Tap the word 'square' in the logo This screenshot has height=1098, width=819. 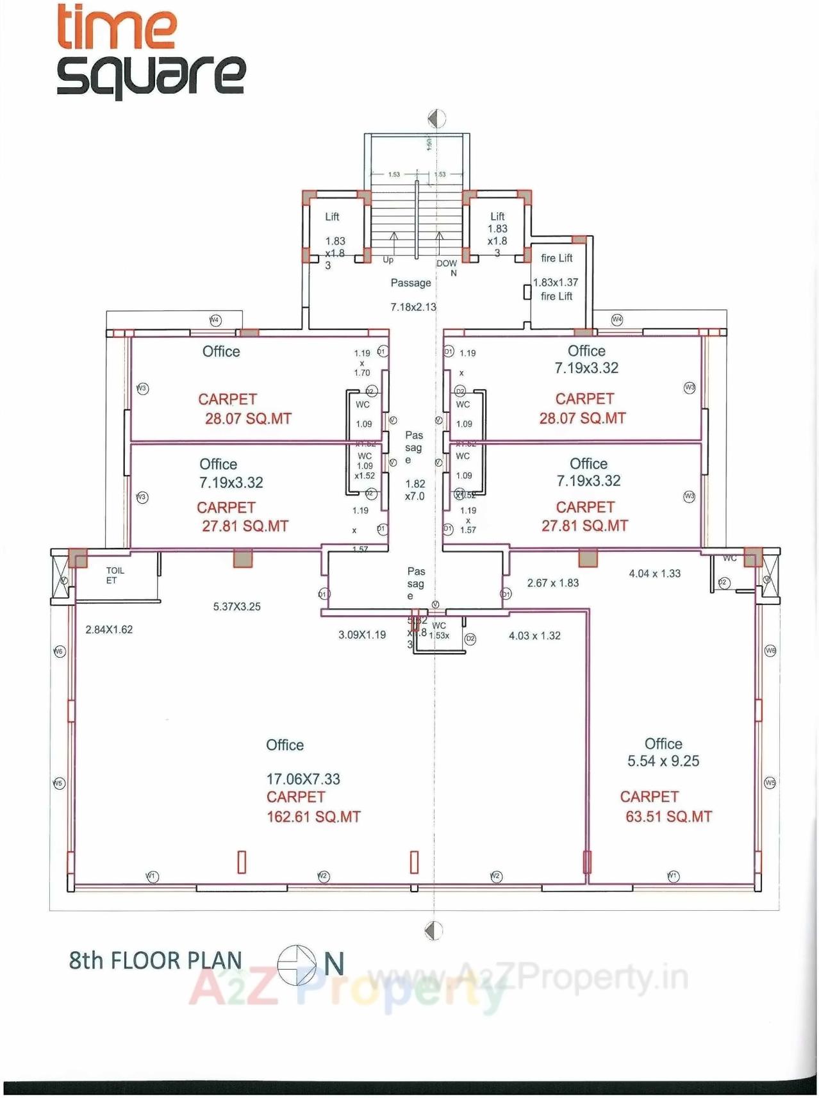pyautogui.click(x=151, y=75)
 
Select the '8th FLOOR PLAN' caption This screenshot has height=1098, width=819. pyautogui.click(x=156, y=960)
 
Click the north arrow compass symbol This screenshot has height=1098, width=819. pyautogui.click(x=297, y=964)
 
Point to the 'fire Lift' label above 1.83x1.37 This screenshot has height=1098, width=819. pyautogui.click(x=556, y=258)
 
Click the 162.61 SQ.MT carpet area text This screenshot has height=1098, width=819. pyautogui.click(x=313, y=817)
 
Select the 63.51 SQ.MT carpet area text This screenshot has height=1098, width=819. pyautogui.click(x=668, y=817)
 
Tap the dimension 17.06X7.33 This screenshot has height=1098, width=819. pyautogui.click(x=303, y=779)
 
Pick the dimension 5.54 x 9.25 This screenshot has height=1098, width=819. pyautogui.click(x=663, y=761)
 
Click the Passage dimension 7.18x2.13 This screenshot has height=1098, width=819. pyautogui.click(x=413, y=307)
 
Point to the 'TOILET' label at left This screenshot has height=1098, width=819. pyautogui.click(x=114, y=575)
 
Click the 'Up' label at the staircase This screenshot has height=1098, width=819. pyautogui.click(x=388, y=260)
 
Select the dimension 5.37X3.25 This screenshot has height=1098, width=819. pyautogui.click(x=236, y=606)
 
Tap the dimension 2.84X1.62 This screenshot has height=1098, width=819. pyautogui.click(x=109, y=629)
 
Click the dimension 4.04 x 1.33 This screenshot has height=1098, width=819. pyautogui.click(x=654, y=574)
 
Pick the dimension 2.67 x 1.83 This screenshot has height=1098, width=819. pyautogui.click(x=552, y=583)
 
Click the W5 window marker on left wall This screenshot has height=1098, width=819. pyautogui.click(x=58, y=783)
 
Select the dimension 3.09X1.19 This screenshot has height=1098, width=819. pyautogui.click(x=362, y=635)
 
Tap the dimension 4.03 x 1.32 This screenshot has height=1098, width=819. pyautogui.click(x=534, y=635)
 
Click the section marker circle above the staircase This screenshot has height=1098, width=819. pyautogui.click(x=436, y=119)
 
